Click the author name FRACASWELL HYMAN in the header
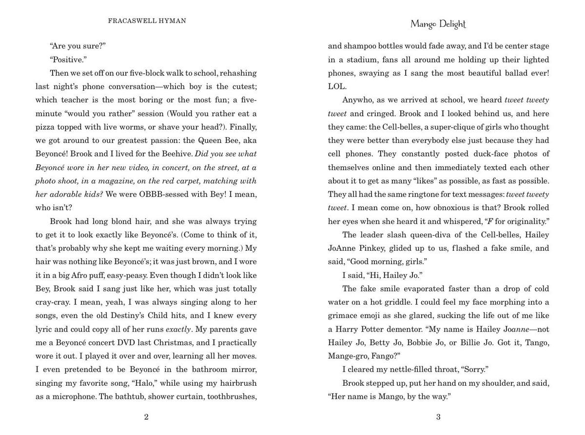(147, 21)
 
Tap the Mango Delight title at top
(438, 24)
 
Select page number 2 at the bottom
(146, 417)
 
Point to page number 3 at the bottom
(438, 417)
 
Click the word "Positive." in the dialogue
(68, 59)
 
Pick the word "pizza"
(45, 127)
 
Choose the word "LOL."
(337, 86)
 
